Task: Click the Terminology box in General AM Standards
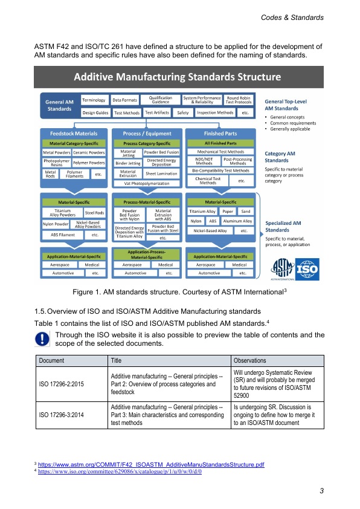[x=94, y=100]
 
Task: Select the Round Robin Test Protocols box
[x=239, y=100]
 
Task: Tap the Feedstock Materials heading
[x=74, y=134]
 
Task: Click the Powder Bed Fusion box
[x=161, y=152]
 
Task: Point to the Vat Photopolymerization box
[x=147, y=183]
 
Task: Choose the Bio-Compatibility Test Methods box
[x=220, y=170]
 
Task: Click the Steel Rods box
[x=94, y=213]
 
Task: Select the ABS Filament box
[x=63, y=235]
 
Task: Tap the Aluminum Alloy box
[x=238, y=221]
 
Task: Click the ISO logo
[x=307, y=269]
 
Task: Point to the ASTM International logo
[x=283, y=270]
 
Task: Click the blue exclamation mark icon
[x=42, y=339]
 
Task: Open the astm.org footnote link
[x=151, y=464]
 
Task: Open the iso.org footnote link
[x=120, y=472]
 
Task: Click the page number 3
[x=321, y=491]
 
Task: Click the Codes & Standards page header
[x=292, y=18]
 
